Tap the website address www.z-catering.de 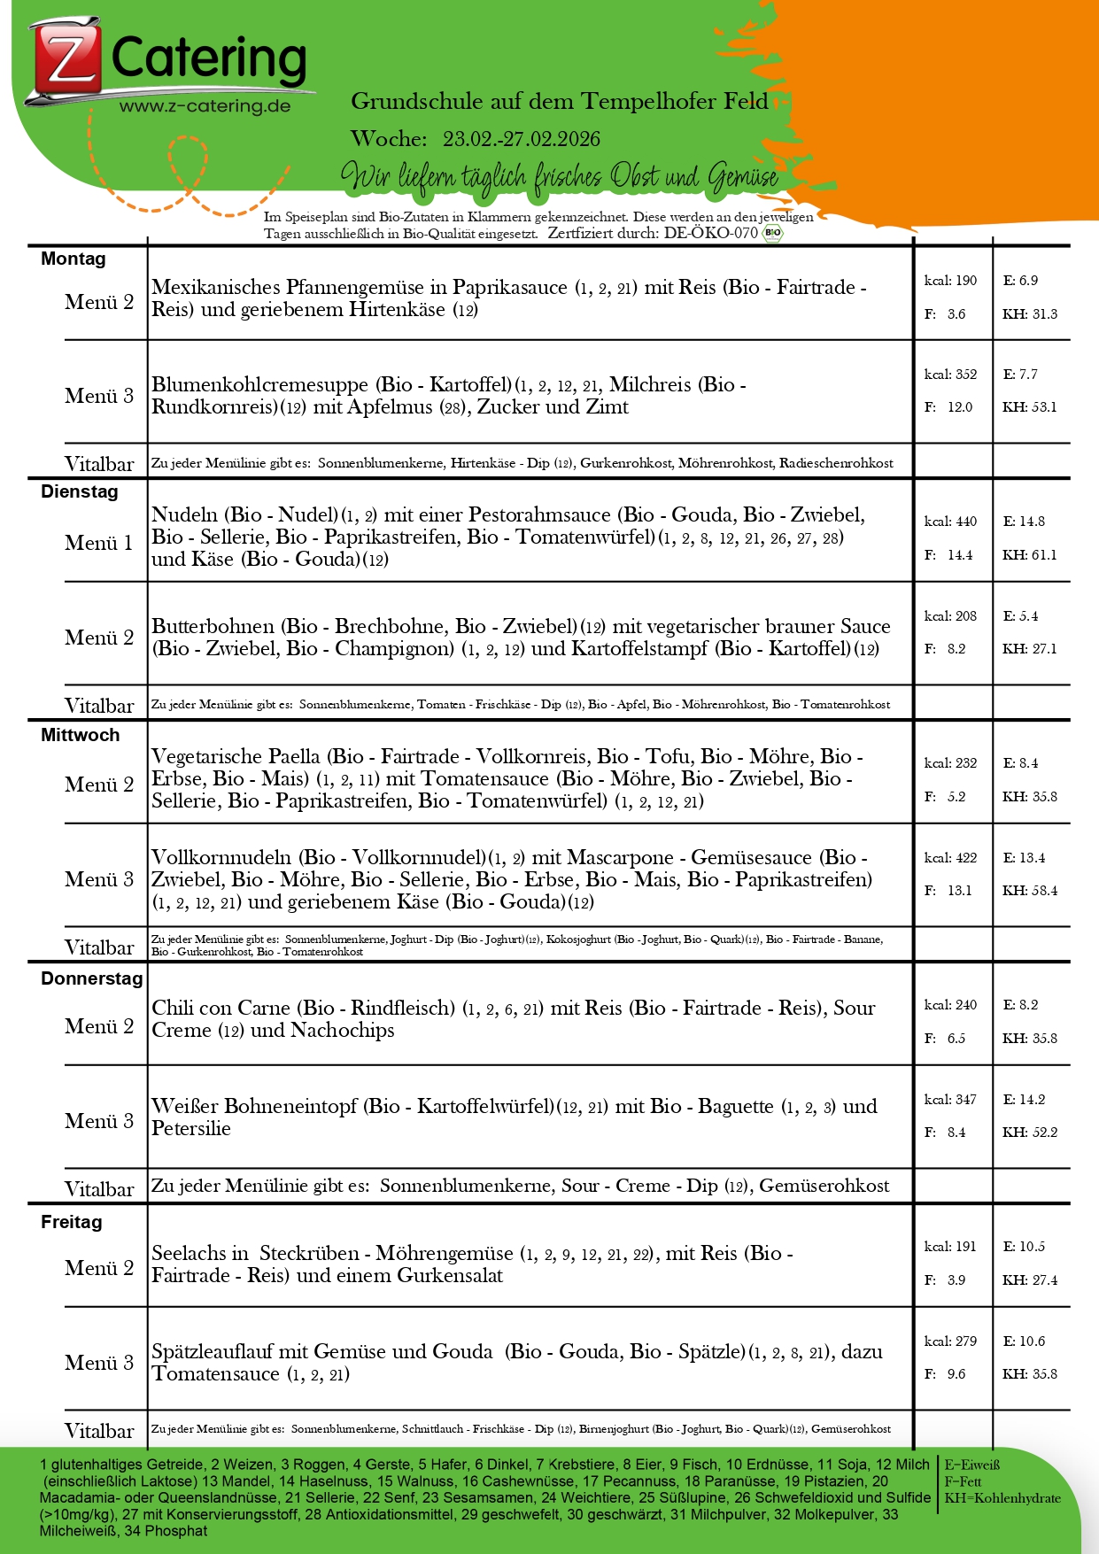coord(205,106)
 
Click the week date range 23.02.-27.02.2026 coord(521,139)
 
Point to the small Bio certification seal coord(772,233)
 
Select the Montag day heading coord(74,259)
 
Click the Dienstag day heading coord(80,491)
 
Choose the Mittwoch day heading coord(81,735)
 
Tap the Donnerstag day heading coord(91,978)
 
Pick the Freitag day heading coord(72,1222)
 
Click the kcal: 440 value coord(950,522)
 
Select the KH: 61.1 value coord(1029,555)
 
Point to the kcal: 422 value coord(950,857)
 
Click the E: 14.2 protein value coord(1024,1100)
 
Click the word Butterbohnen coord(213,627)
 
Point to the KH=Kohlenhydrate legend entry coord(1002,1498)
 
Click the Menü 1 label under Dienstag coord(99,543)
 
